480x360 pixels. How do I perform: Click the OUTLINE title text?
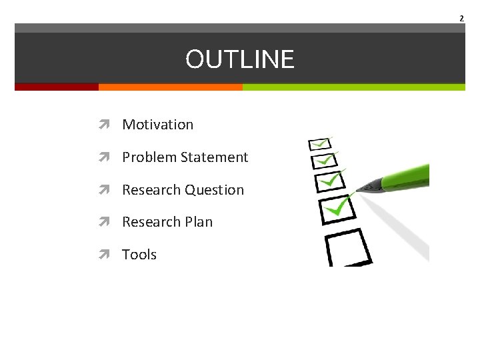(x=239, y=59)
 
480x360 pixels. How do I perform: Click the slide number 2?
(x=461, y=18)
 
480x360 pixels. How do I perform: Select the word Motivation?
(x=157, y=125)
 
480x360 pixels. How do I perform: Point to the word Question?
(x=214, y=190)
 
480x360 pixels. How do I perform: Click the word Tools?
(x=139, y=255)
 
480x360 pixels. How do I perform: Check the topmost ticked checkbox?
(x=319, y=144)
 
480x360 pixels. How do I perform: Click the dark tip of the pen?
(x=363, y=187)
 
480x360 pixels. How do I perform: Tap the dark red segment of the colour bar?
(x=57, y=87)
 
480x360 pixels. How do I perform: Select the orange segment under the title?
(x=170, y=87)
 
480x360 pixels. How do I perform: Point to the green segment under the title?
(x=353, y=87)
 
